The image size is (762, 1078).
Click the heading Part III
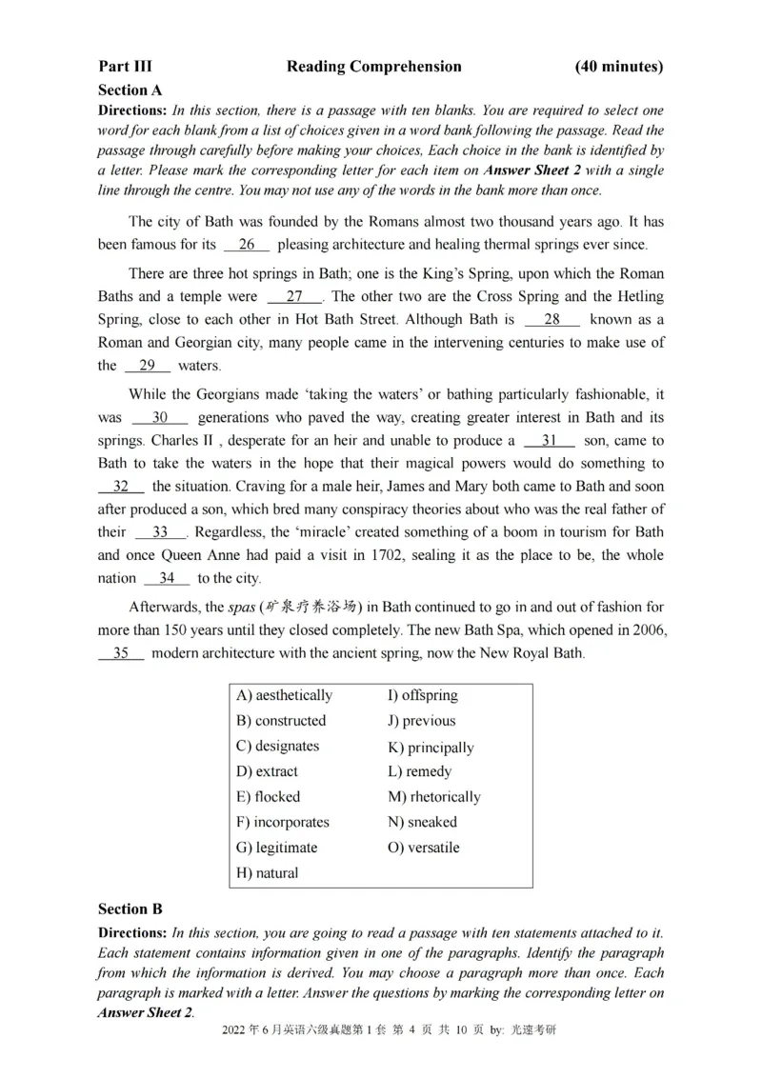pyautogui.click(x=125, y=67)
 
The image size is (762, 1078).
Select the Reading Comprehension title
pyautogui.click(x=373, y=67)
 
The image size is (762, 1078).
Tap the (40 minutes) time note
pyautogui.click(x=619, y=67)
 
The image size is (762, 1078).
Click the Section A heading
pyautogui.click(x=130, y=90)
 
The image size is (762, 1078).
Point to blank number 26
pyautogui.click(x=247, y=245)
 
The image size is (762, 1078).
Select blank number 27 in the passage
pyautogui.click(x=294, y=296)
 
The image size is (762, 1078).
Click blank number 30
pyautogui.click(x=159, y=417)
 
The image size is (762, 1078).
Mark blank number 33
pyautogui.click(x=159, y=531)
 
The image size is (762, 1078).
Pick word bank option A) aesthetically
pyautogui.click(x=284, y=695)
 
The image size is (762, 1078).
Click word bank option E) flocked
pyautogui.click(x=268, y=796)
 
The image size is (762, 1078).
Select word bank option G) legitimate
pyautogui.click(x=276, y=847)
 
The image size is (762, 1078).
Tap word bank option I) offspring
pyautogui.click(x=422, y=695)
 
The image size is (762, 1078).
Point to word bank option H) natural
pyautogui.click(x=267, y=872)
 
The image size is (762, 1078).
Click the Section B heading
pyautogui.click(x=130, y=909)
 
